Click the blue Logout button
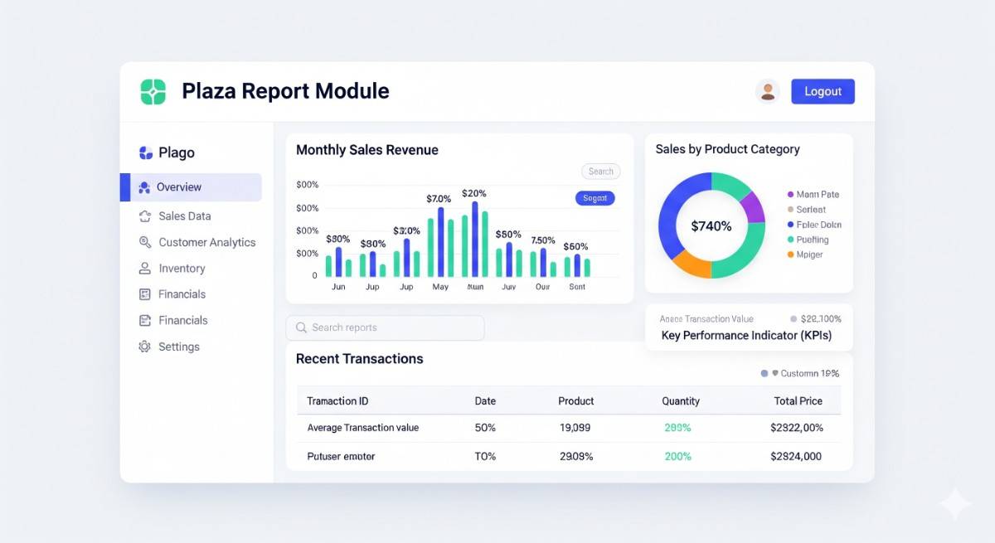[x=823, y=91]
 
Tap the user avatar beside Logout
[x=768, y=91]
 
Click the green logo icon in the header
[x=153, y=91]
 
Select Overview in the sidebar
[x=179, y=187]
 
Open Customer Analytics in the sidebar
[x=206, y=243]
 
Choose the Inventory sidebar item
[x=182, y=269]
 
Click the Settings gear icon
[x=145, y=347]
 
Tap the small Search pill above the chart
[x=600, y=172]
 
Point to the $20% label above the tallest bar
[x=474, y=193]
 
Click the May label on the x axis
[x=440, y=287]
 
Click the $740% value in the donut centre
[x=711, y=225]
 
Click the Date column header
[x=485, y=401]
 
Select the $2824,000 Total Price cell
[x=795, y=456]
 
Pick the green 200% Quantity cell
[x=677, y=456]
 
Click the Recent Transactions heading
[x=359, y=359]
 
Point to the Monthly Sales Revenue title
[x=367, y=150]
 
